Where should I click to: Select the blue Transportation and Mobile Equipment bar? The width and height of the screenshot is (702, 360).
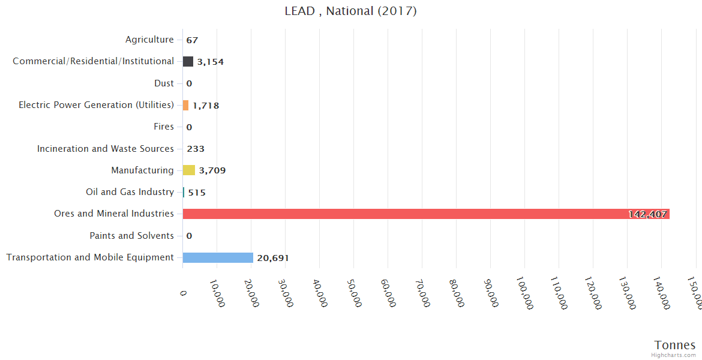tap(218, 257)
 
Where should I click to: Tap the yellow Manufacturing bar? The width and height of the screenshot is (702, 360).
tap(189, 170)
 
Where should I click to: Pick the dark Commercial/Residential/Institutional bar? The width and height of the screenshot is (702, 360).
tap(188, 61)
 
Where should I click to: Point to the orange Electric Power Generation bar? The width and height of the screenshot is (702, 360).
tap(186, 105)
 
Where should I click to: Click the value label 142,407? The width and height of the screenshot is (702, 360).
tap(647, 214)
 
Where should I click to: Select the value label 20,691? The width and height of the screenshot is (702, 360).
tap(273, 258)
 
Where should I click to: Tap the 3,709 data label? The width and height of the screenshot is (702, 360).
tap(212, 171)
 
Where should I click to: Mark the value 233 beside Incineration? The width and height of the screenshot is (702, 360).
tap(196, 149)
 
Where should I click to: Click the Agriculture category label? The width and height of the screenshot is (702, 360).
tap(149, 40)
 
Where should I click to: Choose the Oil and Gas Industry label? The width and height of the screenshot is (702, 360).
tap(130, 192)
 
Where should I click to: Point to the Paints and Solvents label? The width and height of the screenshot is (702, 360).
tap(131, 236)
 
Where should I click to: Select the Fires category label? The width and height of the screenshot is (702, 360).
tap(164, 127)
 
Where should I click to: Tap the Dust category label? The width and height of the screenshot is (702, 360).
tap(164, 83)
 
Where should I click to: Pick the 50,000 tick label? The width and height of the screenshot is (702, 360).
tap(353, 293)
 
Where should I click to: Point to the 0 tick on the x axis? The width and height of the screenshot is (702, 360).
tap(184, 292)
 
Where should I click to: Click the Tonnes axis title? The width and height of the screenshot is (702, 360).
tap(675, 345)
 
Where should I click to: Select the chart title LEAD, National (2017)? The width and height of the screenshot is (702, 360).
tap(351, 11)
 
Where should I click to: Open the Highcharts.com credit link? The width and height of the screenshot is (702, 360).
tap(674, 355)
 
